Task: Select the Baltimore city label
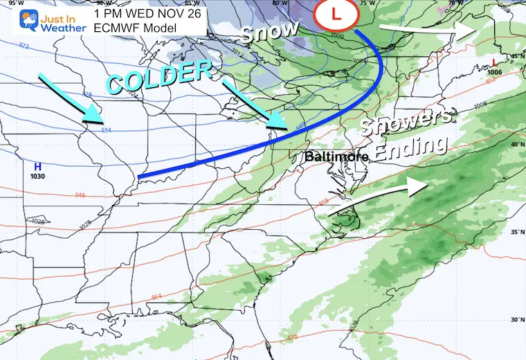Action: [x=336, y=158]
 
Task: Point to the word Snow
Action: [x=269, y=32]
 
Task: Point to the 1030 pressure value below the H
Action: [x=39, y=177]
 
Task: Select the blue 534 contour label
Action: [x=106, y=129]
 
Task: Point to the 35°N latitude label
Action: [x=515, y=233]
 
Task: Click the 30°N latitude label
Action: [x=515, y=319]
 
